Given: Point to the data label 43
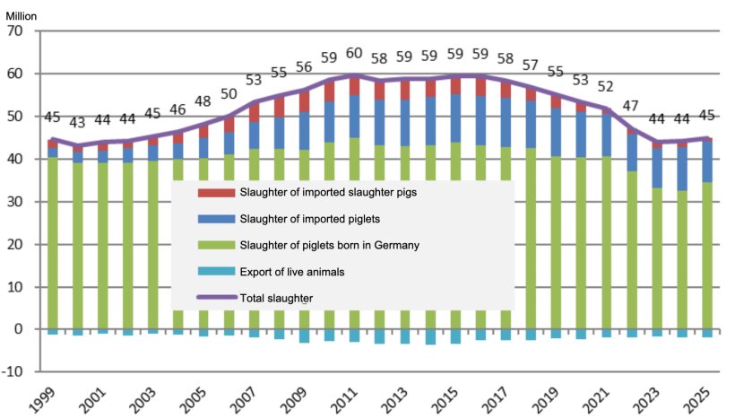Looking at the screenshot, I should (78, 123).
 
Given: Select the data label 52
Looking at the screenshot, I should (606, 87).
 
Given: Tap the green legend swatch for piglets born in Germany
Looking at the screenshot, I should (216, 245).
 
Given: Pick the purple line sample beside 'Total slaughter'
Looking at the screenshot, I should (216, 297).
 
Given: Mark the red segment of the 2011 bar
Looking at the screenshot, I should (354, 85).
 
